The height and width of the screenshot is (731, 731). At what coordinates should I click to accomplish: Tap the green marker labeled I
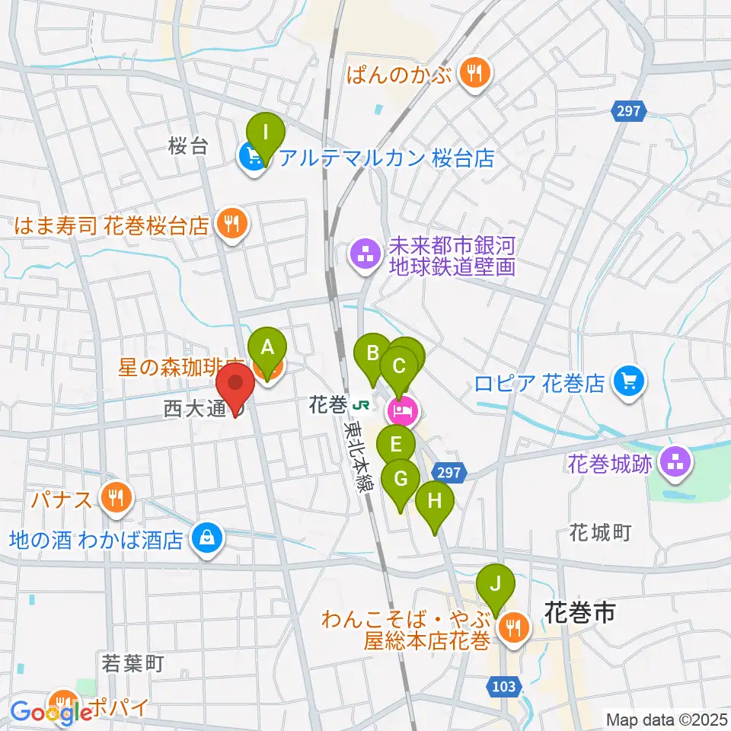[265, 132]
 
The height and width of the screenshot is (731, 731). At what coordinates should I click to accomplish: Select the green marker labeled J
[496, 586]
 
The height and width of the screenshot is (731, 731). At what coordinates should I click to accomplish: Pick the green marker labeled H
[435, 501]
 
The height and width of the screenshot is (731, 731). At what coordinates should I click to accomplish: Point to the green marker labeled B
[373, 354]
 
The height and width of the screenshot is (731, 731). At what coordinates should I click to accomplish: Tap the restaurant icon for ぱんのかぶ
[476, 74]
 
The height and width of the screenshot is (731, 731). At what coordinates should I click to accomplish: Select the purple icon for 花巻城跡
[674, 461]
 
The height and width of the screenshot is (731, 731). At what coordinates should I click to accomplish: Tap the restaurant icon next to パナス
[117, 500]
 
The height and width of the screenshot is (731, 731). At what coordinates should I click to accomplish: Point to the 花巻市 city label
[579, 613]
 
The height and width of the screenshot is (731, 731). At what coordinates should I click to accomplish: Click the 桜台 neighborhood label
[188, 147]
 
